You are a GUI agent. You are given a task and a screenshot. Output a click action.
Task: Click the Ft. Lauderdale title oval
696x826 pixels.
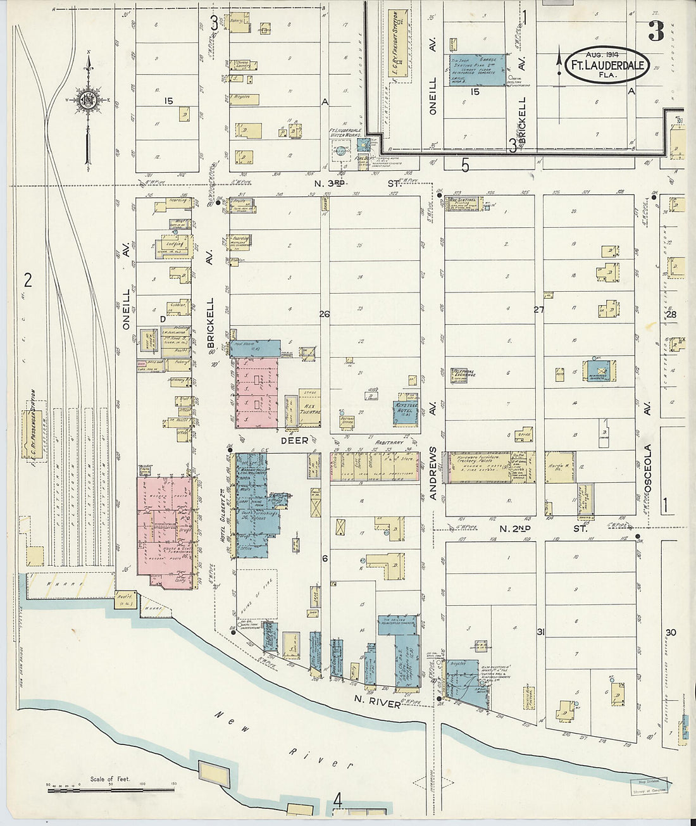(606, 65)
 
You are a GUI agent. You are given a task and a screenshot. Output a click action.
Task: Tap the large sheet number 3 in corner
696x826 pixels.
(656, 32)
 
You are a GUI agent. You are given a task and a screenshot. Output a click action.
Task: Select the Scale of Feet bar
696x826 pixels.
(111, 789)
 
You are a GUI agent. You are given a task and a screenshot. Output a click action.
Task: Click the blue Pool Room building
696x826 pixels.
(256, 347)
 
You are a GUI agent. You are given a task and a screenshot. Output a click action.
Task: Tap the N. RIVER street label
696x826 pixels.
(377, 703)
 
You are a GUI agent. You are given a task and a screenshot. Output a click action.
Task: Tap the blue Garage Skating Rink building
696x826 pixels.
(478, 70)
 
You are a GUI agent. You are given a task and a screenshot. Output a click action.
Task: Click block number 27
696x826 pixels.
(538, 310)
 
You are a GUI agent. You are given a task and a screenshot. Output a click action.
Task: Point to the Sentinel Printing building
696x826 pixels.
(463, 203)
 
